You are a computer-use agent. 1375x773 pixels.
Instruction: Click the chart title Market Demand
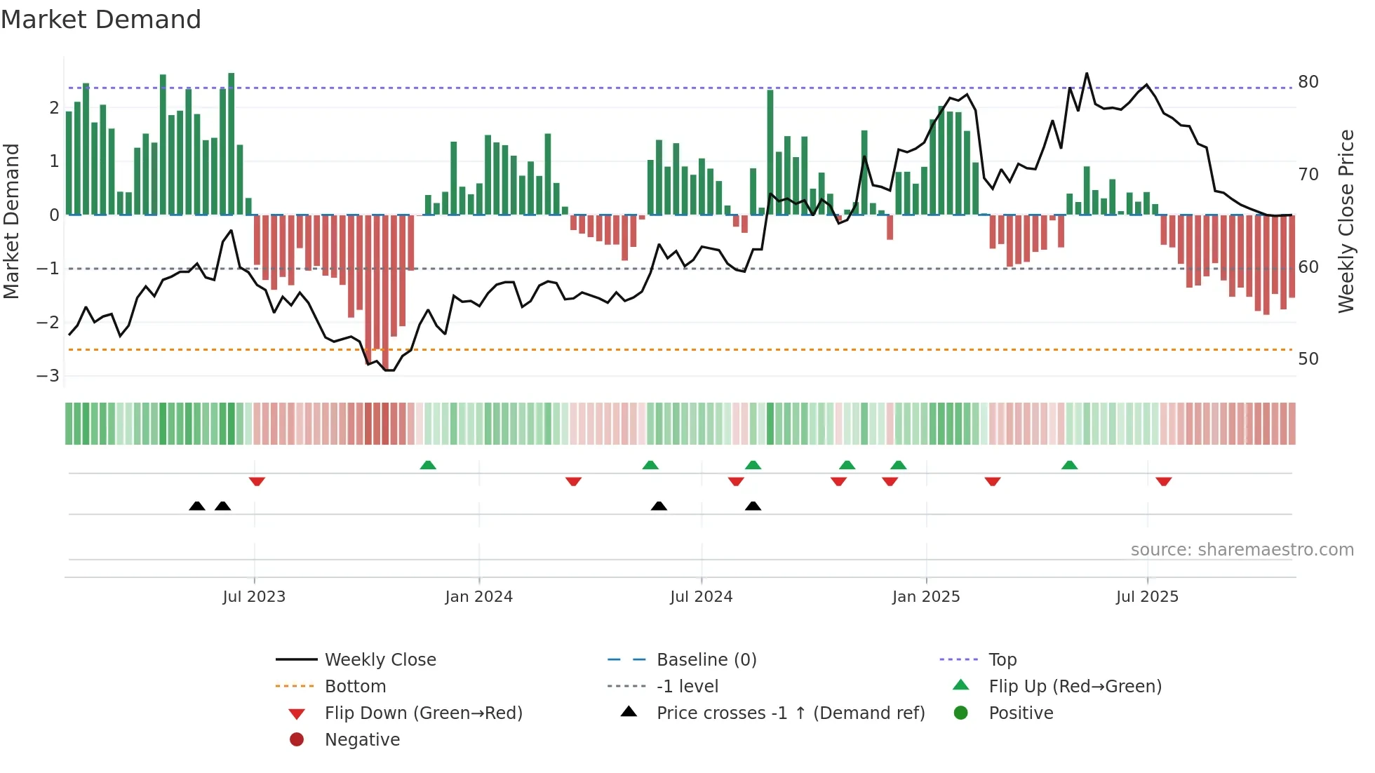(x=101, y=19)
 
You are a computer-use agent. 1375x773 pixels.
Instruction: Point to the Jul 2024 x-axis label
(x=701, y=597)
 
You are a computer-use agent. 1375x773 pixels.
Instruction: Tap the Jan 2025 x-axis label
(x=925, y=597)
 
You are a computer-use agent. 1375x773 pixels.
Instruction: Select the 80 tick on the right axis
(x=1308, y=82)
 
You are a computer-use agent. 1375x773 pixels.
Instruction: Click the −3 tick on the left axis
(x=48, y=376)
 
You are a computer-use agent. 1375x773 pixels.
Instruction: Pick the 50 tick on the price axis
(x=1308, y=359)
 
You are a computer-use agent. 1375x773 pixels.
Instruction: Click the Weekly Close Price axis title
(x=1346, y=221)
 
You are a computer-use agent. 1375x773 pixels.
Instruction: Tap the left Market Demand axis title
(x=12, y=221)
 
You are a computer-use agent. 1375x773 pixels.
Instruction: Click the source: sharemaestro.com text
(x=1242, y=550)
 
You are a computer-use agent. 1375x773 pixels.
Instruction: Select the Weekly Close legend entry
(x=380, y=660)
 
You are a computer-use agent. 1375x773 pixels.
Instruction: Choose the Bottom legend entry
(x=355, y=687)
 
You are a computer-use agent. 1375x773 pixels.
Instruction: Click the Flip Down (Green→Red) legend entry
(x=423, y=713)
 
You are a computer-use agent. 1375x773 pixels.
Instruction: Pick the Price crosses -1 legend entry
(x=790, y=713)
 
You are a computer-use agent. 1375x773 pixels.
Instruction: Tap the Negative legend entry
(x=362, y=740)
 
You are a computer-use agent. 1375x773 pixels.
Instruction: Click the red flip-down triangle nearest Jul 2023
(x=257, y=482)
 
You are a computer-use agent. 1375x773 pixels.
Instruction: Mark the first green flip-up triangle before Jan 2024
(x=428, y=465)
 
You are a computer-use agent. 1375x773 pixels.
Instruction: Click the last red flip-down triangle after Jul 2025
(x=1164, y=482)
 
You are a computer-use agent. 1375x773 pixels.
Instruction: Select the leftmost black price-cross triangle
(x=197, y=506)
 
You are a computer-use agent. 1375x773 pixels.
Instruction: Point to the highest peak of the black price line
(x=1087, y=74)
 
